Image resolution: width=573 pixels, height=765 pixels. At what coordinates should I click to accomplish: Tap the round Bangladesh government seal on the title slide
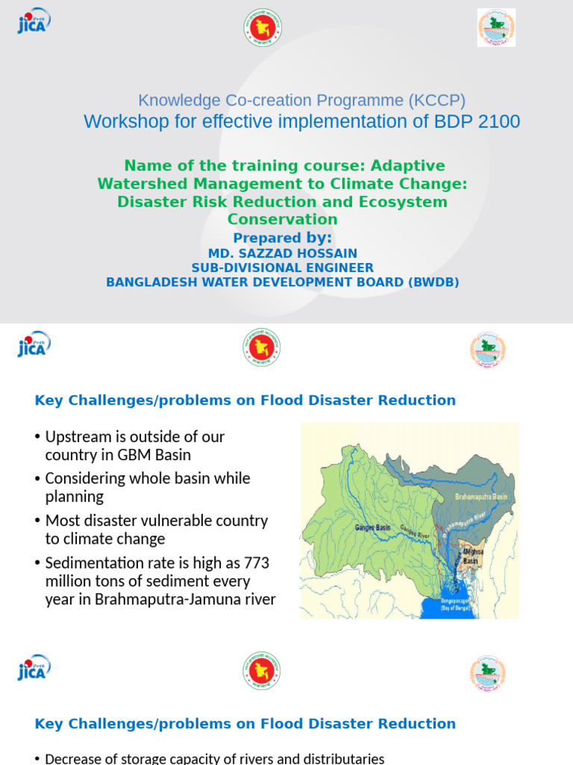262,28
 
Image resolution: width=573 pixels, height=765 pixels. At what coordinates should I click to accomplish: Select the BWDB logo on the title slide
496,28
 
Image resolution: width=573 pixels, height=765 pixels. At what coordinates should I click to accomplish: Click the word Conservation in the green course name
283,220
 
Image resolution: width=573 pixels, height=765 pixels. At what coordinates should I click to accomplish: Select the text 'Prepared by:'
283,238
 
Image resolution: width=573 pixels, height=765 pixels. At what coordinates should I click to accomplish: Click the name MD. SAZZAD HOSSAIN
283,254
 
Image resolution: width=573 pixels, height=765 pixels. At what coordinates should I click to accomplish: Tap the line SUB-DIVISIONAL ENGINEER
283,267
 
